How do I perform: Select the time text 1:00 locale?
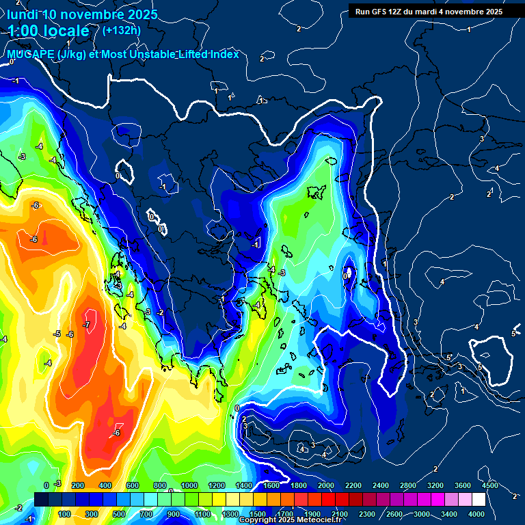pos(49,31)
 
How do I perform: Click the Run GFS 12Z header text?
pos(383,12)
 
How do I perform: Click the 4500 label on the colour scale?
pos(489,485)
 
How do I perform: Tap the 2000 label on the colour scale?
pos(325,485)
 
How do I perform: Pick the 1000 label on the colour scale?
pos(188,485)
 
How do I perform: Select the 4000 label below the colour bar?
pos(476,514)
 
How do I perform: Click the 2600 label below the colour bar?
pos(394,514)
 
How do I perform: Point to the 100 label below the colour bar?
pos(65,514)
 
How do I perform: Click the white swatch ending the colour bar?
pos(479,500)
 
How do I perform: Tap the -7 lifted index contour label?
pos(86,325)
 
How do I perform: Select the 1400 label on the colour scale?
pos(243,485)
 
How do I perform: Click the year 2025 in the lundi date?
pos(138,14)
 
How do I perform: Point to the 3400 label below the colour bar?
pos(449,514)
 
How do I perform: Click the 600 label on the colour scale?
pos(133,485)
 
